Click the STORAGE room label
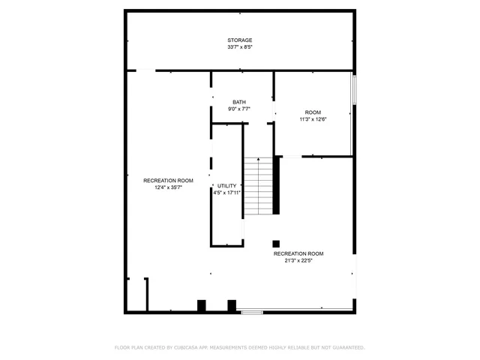click(x=240, y=40)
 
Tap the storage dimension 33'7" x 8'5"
click(x=240, y=47)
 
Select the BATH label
click(x=238, y=102)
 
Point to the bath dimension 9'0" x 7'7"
click(x=238, y=109)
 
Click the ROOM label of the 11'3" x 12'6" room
click(x=313, y=112)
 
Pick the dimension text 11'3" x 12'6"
click(x=313, y=118)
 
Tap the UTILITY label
click(x=226, y=185)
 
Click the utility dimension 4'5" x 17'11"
click(x=226, y=193)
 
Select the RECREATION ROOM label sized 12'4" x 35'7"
click(x=169, y=180)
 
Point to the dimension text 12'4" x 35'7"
click(x=169, y=187)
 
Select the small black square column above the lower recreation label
click(x=276, y=243)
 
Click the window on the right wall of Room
click(x=355, y=91)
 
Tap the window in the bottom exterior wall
click(x=252, y=312)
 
